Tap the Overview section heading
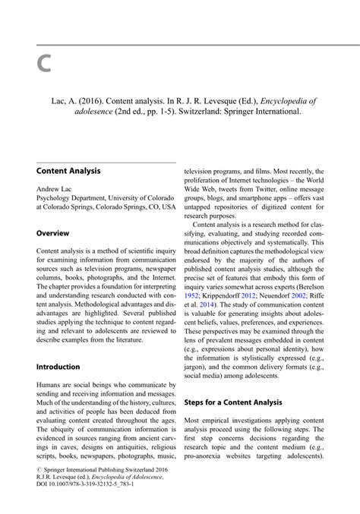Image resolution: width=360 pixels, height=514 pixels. tap(53, 234)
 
